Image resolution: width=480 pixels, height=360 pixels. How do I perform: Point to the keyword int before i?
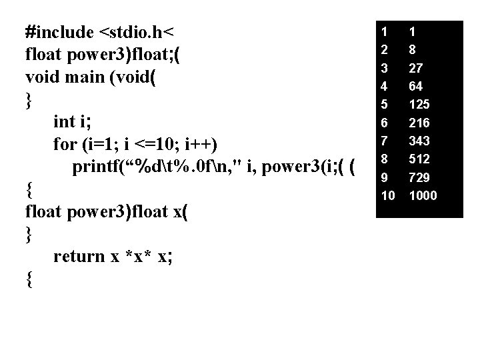click(x=65, y=121)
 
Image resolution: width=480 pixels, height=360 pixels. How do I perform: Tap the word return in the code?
click(x=79, y=256)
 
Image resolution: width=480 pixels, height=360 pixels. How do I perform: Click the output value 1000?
click(x=423, y=195)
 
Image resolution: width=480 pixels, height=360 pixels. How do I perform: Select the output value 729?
click(x=419, y=177)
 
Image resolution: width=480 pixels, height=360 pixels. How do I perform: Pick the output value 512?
click(x=419, y=159)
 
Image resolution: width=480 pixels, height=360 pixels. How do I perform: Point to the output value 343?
click(x=419, y=141)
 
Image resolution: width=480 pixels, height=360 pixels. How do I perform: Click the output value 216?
click(x=419, y=123)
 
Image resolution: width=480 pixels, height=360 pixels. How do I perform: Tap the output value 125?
click(x=419, y=105)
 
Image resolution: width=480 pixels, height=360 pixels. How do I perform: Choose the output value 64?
click(x=416, y=86)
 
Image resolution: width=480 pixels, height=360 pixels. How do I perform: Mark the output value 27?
click(x=416, y=68)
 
